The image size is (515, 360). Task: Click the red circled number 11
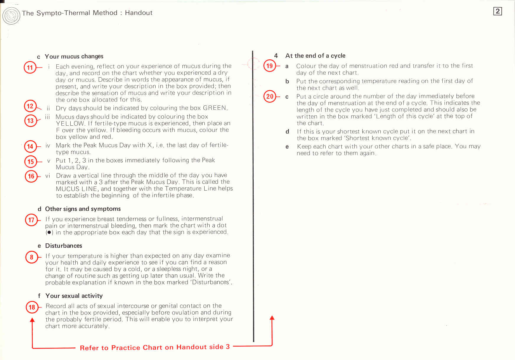30,68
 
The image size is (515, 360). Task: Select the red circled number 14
30,146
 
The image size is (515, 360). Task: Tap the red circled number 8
32,257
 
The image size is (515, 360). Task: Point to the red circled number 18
32,307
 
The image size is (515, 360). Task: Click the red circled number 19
270,66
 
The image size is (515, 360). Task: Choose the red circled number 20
270,96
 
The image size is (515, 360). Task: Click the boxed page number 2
498,11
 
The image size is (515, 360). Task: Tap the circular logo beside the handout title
11,16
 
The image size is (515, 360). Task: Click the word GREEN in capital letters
215,108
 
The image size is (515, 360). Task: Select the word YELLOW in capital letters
70,124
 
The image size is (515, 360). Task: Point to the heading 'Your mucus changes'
74,56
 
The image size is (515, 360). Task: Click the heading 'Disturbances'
63,246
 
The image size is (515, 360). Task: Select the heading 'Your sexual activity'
74,296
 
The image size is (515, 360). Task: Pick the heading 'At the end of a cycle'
315,56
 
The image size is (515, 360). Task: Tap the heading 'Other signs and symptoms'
83,209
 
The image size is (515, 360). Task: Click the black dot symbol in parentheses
49,233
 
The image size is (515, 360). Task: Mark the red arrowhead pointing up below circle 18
32,320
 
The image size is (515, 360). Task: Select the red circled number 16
31,176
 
